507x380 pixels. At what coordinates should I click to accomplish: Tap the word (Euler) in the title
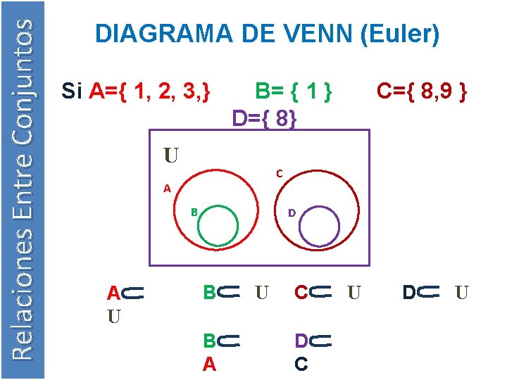[400, 33]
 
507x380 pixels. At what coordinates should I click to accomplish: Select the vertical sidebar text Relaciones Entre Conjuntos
[23, 189]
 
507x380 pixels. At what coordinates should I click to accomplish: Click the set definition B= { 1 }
[293, 91]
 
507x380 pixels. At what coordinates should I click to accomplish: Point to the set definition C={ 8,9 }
[421, 91]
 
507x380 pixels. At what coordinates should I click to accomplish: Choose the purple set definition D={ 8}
[265, 118]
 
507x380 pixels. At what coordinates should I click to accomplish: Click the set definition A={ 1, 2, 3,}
[150, 91]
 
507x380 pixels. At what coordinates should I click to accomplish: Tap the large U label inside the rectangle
[171, 154]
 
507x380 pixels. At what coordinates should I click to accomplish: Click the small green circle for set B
[218, 225]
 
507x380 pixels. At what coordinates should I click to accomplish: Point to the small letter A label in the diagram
[167, 188]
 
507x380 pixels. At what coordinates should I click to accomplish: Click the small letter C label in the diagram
[280, 173]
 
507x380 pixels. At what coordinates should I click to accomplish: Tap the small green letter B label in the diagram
[194, 212]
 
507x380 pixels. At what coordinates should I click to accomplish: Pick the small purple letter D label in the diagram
[292, 212]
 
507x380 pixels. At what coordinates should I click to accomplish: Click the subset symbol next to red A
[133, 292]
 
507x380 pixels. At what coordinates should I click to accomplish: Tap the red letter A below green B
[209, 364]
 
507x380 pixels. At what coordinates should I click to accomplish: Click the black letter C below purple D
[301, 364]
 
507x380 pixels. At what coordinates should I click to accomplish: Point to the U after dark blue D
[462, 291]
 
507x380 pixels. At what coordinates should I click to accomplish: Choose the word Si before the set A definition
[73, 91]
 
